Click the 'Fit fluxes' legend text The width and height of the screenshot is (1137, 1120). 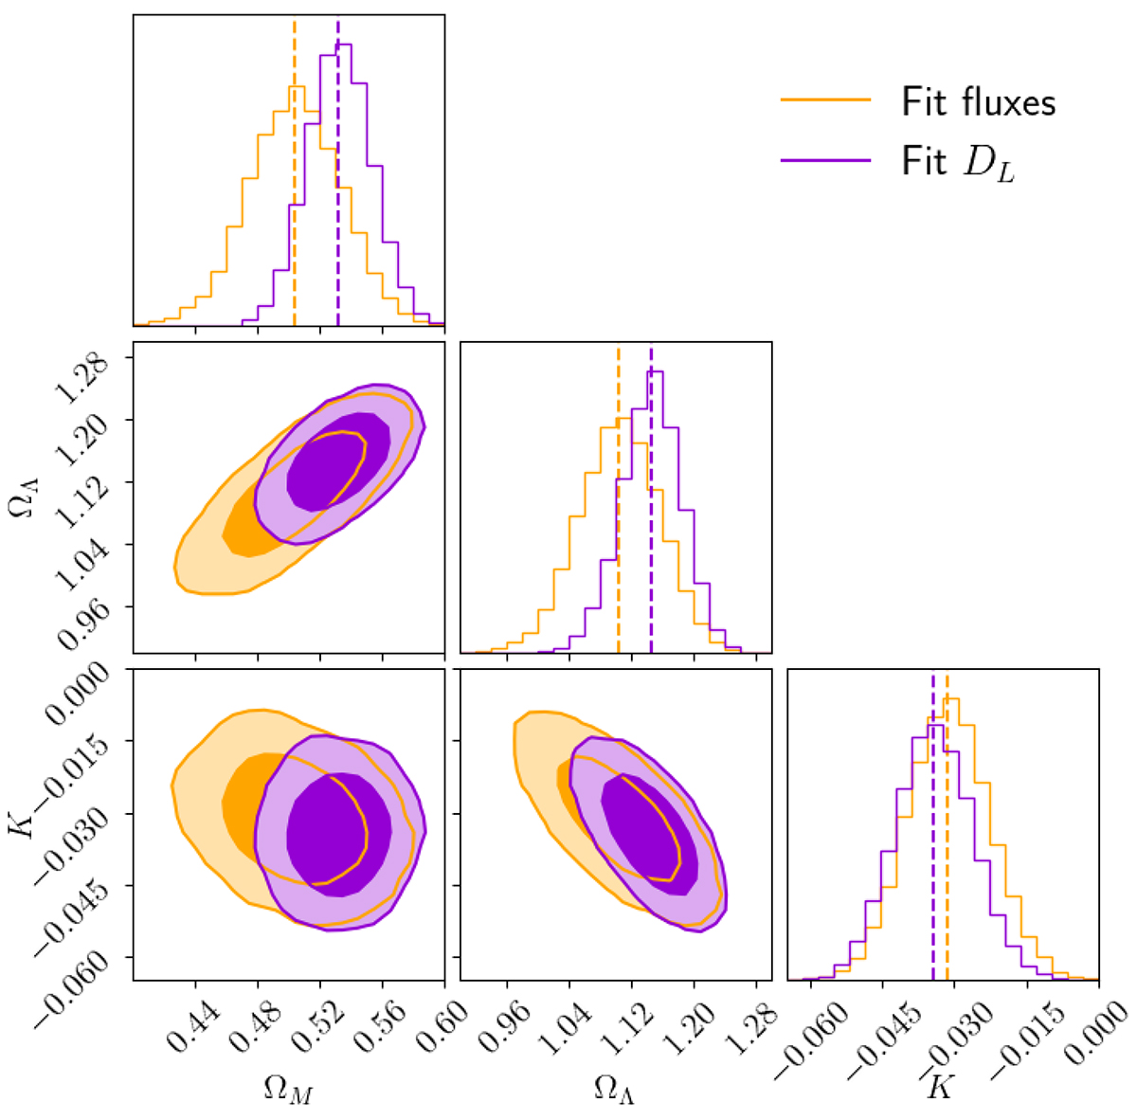[x=978, y=101]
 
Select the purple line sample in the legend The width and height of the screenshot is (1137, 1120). [x=825, y=161]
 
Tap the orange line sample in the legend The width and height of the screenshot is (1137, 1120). [x=825, y=99]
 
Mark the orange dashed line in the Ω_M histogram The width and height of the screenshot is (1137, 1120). [x=295, y=190]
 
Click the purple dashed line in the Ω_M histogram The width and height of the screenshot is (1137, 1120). [x=338, y=190]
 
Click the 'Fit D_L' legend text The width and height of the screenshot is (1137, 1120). [x=957, y=164]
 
